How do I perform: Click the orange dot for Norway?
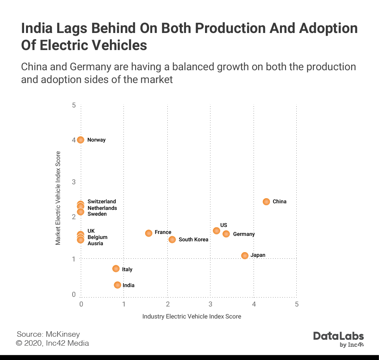pos(80,140)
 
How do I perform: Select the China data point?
pos(266,201)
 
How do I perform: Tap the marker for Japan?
pos(245,255)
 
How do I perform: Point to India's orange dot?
pos(117,285)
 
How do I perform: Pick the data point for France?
pos(148,233)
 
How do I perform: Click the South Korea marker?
pos(172,239)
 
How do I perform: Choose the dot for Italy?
pos(116,268)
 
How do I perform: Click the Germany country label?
pos(244,234)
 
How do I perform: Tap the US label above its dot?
pos(224,225)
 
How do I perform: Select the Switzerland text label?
pos(102,201)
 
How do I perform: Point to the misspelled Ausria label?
pos(96,243)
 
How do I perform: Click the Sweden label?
pos(97,214)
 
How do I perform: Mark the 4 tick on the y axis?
pos(74,140)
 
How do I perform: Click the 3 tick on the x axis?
pos(210,304)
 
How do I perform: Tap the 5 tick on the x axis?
pos(297,304)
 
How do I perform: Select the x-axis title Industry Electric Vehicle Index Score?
pos(192,316)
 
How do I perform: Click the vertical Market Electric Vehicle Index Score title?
pos(58,198)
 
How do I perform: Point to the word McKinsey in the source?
pos(63,334)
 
